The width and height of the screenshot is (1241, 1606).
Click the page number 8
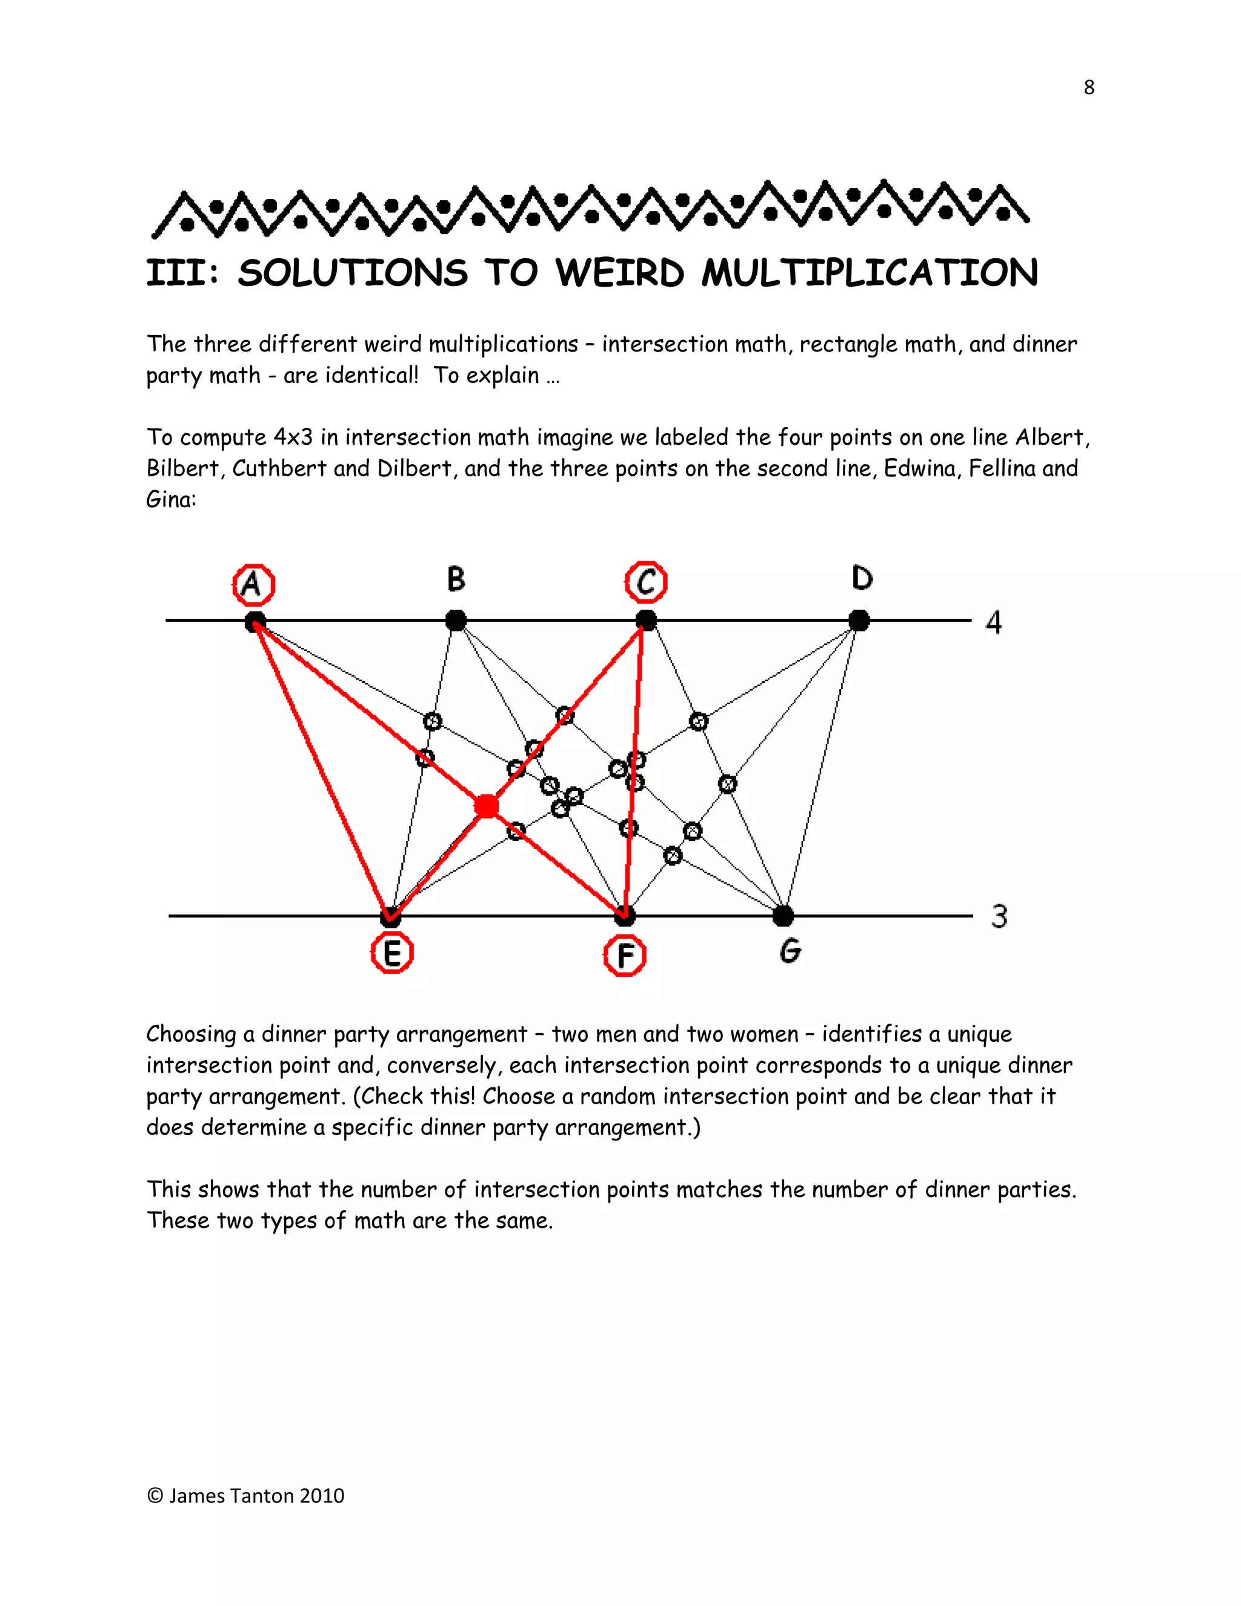(x=1089, y=87)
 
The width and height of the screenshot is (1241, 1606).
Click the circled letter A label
(x=253, y=585)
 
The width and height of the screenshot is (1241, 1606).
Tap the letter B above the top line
(x=456, y=579)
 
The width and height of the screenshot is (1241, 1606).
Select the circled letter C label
(x=646, y=582)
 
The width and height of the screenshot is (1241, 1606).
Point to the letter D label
(x=862, y=579)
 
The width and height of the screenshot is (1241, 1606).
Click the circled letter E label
(x=392, y=953)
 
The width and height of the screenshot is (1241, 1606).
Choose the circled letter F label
(x=625, y=956)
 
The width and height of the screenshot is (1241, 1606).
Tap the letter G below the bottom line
(x=790, y=951)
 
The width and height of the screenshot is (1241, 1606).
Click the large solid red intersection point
(x=486, y=807)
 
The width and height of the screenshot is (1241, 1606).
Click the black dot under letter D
(x=859, y=621)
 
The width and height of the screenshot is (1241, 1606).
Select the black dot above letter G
(x=784, y=916)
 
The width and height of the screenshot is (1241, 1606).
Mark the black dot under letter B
(x=456, y=621)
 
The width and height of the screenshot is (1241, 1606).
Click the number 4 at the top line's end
(x=993, y=623)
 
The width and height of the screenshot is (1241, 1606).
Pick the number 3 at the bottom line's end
(x=999, y=917)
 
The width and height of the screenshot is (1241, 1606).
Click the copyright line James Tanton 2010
(x=245, y=1496)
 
